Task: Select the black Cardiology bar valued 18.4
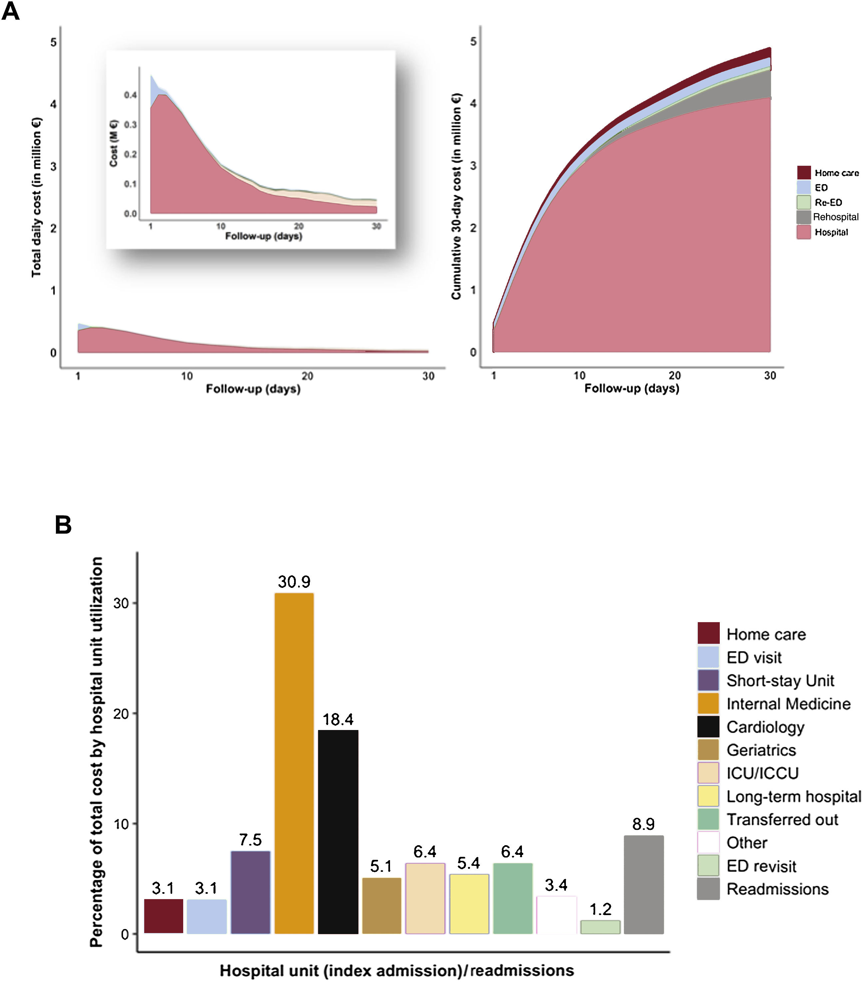point(338,831)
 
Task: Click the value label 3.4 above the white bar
point(556,885)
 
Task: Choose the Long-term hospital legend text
point(793,797)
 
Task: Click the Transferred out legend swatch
point(708,820)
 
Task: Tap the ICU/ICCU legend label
point(762,773)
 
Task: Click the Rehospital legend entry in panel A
point(835,217)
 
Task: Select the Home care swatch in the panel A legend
point(804,172)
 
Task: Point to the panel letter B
point(63,525)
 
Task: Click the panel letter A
point(11,11)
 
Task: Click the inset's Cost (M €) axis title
point(114,143)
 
